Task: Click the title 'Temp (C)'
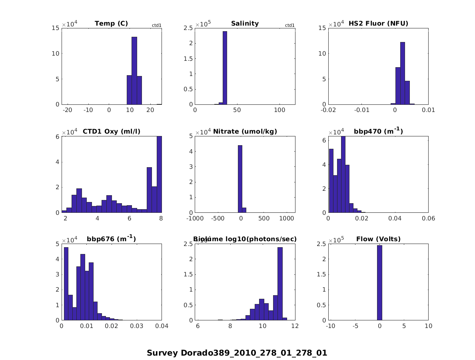(x=111, y=24)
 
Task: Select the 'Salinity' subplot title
(x=245, y=24)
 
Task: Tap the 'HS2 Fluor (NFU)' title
(x=378, y=24)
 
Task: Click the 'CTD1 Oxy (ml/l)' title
(x=111, y=132)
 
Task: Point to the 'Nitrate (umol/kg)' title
(x=245, y=132)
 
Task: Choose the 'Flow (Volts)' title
(x=378, y=239)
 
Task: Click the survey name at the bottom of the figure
(x=237, y=353)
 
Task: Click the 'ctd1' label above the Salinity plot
(x=289, y=26)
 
